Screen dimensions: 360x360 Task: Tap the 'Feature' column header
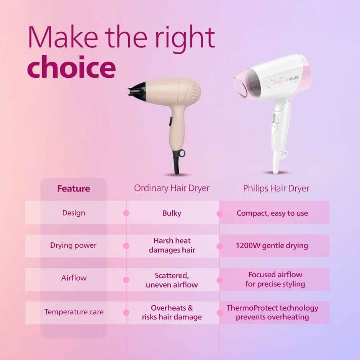[x=74, y=188]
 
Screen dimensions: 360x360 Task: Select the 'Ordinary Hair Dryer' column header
[x=172, y=188]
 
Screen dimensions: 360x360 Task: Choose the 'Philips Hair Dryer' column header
[x=276, y=188]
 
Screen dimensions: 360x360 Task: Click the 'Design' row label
[x=74, y=213]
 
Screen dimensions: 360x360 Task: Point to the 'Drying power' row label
[x=74, y=245]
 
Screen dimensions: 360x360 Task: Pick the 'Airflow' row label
[x=74, y=278]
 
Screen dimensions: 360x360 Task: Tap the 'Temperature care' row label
[x=74, y=312]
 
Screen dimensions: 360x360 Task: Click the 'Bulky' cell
[x=172, y=213]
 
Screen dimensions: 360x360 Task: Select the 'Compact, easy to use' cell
[x=272, y=213]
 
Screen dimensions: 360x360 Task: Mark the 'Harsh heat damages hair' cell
[x=172, y=245]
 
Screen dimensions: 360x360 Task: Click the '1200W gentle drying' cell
[x=272, y=245]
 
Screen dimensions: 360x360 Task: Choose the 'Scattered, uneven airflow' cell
[x=172, y=280]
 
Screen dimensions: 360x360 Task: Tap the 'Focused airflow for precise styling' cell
[x=275, y=279]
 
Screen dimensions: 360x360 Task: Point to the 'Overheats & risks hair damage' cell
[x=172, y=313]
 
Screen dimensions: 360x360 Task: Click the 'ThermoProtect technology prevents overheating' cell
[x=272, y=313]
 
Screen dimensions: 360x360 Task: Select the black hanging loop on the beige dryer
[x=180, y=153]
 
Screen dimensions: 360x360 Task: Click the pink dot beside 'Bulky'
[x=126, y=213]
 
